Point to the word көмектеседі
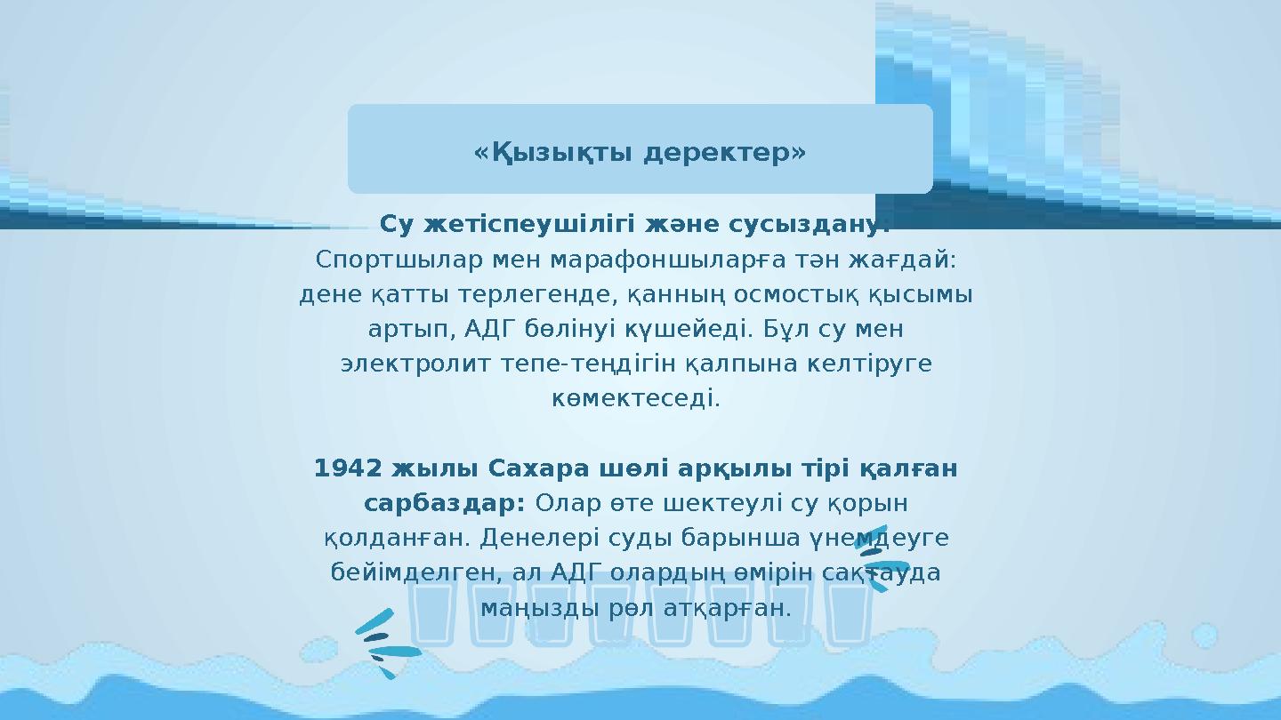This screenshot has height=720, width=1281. coord(635,398)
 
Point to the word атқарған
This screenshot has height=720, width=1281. coord(736,608)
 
